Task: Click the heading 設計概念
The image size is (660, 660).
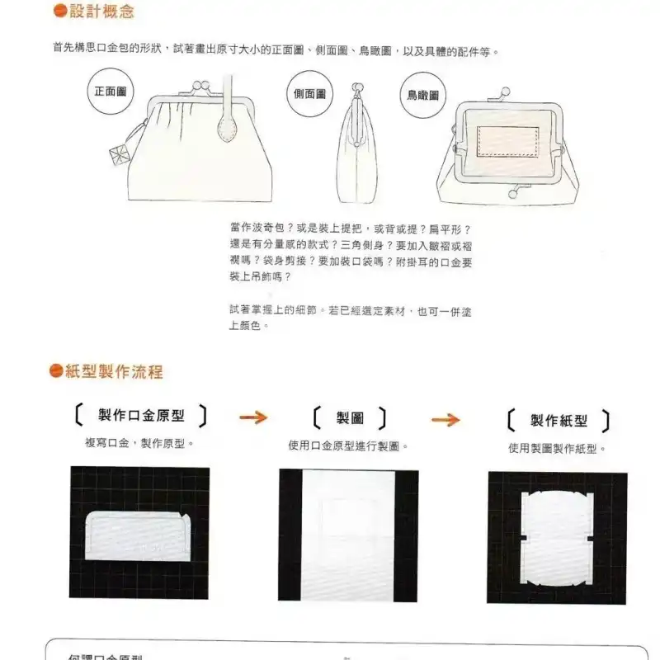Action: [x=101, y=12]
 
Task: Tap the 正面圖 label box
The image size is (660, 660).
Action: [x=110, y=91]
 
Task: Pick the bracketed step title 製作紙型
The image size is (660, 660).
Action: [x=559, y=421]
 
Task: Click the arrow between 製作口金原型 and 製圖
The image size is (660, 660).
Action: [x=254, y=417]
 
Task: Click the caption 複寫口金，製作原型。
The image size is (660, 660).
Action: [x=139, y=443]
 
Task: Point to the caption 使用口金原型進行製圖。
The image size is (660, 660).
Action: [x=349, y=446]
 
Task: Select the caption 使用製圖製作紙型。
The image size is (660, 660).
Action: [x=557, y=449]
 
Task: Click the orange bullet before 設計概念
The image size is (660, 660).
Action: [x=59, y=12]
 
